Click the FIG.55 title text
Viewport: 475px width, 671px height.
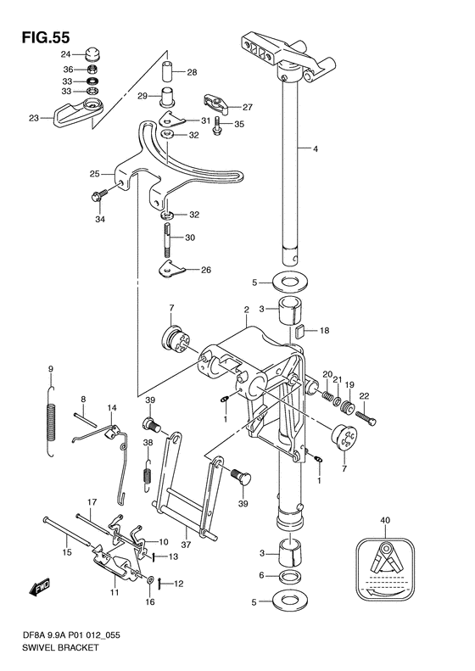(45, 37)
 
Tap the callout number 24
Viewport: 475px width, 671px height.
(65, 54)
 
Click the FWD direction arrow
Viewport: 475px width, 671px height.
(39, 587)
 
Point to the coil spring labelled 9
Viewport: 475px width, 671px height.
(51, 422)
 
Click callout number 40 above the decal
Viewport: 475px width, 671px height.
(385, 520)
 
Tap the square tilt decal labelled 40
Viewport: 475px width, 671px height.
(385, 569)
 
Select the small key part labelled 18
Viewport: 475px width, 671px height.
(299, 330)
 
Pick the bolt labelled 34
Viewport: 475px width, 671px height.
(98, 195)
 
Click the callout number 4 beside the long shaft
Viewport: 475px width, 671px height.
(315, 149)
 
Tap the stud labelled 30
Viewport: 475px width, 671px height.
(167, 239)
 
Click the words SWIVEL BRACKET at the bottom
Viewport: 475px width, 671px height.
(60, 647)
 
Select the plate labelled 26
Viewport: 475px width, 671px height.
(170, 269)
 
